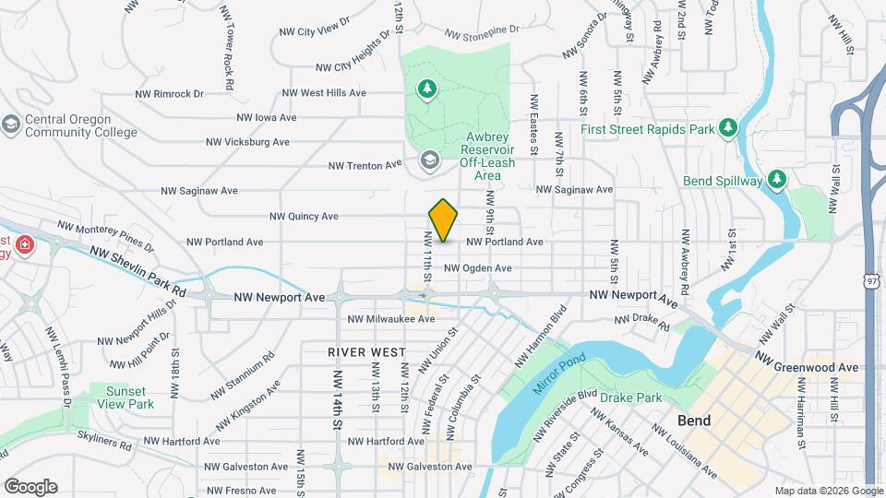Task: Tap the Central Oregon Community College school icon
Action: (11, 125)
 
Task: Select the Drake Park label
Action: (631, 397)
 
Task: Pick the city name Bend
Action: (694, 421)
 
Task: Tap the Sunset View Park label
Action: (128, 397)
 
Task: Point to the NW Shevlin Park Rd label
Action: (138, 271)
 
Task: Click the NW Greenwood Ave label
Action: (807, 361)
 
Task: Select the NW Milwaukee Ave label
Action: (390, 319)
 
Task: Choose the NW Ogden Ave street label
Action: (477, 268)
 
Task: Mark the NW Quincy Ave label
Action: (304, 217)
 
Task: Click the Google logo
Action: (30, 486)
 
